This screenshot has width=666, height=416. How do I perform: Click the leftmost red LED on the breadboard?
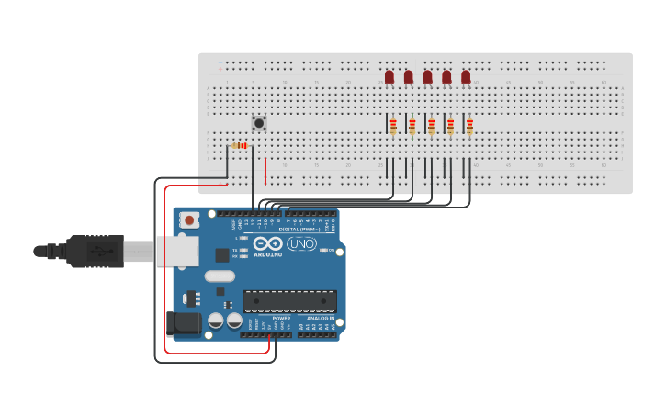pos(389,77)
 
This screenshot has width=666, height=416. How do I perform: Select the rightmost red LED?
pos(466,77)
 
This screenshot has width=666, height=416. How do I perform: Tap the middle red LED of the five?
pos(427,77)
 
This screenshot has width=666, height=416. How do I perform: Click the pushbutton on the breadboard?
pos(259,122)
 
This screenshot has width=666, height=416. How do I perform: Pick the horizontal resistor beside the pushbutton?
pos(241,145)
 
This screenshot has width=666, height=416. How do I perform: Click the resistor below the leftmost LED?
pos(393,126)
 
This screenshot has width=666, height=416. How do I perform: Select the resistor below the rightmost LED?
pos(469,126)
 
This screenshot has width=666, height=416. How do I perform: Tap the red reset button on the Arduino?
pos(189,219)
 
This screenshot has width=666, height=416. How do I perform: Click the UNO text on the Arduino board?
pos(301,243)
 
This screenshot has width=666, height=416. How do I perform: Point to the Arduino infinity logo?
pos(268,244)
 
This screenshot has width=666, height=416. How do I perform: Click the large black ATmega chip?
pos(289,300)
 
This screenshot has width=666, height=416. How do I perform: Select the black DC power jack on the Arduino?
pos(183,322)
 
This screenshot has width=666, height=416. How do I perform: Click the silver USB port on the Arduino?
pos(176,251)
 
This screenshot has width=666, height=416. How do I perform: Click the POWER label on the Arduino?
pos(281,319)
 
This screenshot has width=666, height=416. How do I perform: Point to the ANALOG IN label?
pos(321,319)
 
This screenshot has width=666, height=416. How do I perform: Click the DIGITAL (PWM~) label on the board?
pos(296,229)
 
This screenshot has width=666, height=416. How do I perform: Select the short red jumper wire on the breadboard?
pos(265,171)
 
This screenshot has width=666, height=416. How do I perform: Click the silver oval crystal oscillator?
pos(220,275)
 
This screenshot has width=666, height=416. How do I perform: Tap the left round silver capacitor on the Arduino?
pos(216,320)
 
